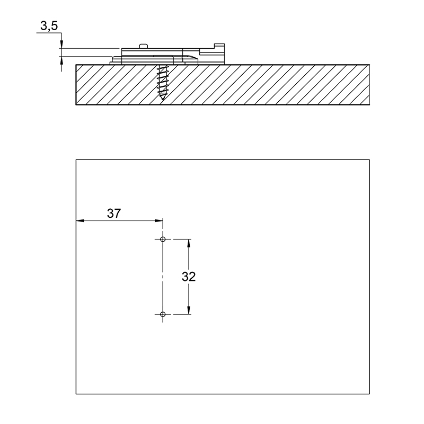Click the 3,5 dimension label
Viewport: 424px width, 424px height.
(49, 26)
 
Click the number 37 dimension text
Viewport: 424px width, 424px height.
(114, 214)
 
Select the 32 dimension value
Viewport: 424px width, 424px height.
(189, 277)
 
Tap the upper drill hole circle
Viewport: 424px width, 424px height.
(163, 239)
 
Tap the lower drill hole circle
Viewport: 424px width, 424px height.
(163, 314)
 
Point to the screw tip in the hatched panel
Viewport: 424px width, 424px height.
(163, 99)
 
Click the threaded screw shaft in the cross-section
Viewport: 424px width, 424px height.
(163, 81)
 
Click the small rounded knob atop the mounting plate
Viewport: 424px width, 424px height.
(143, 46)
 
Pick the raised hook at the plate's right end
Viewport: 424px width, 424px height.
(219, 46)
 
